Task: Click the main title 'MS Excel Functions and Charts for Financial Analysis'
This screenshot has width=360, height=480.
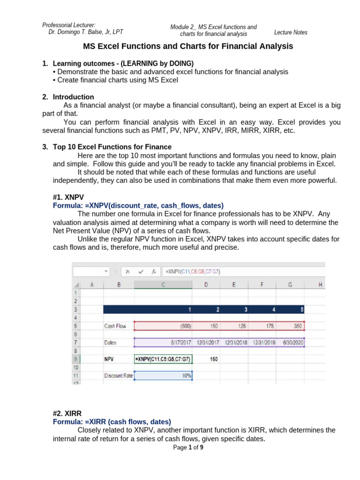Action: (188, 46)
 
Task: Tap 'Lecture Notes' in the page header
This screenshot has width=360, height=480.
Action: (291, 32)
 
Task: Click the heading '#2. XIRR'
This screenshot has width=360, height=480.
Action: (68, 413)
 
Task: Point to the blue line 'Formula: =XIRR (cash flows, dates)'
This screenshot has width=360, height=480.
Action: (112, 421)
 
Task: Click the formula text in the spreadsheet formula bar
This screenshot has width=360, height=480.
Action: (192, 271)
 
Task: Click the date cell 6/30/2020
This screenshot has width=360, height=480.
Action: (292, 343)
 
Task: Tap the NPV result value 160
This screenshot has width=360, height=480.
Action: (213, 359)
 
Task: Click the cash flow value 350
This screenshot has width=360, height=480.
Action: (297, 326)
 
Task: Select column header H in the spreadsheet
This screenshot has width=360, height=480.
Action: (320, 284)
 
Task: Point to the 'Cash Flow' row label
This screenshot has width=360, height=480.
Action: (115, 326)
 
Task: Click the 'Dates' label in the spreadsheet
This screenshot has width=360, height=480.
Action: (110, 343)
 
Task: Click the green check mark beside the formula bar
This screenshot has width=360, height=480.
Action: (141, 271)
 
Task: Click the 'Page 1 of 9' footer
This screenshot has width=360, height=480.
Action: (188, 448)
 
